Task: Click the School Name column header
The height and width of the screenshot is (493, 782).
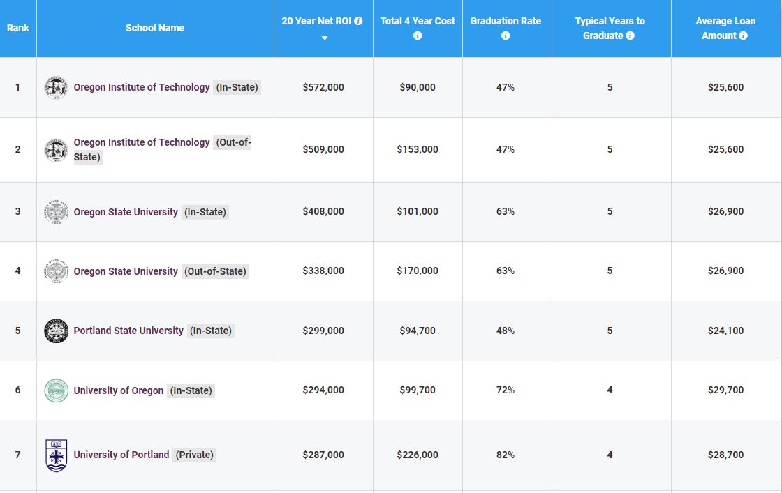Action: coord(155,28)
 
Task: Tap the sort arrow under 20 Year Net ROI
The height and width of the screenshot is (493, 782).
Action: coord(324,38)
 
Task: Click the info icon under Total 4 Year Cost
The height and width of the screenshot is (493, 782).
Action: coord(418,36)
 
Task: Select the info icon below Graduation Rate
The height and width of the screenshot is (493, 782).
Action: coord(506,36)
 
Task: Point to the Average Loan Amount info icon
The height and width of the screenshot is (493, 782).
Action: coord(743,36)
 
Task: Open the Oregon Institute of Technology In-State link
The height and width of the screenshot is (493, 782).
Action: coord(142,87)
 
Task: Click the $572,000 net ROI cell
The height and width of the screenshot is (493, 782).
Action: coord(323,87)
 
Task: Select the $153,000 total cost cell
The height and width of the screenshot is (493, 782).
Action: coord(418,149)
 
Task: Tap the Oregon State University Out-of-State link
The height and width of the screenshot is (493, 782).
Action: coord(126,271)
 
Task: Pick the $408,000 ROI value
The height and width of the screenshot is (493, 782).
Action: coord(323,211)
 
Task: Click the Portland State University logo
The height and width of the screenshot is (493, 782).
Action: coord(56,331)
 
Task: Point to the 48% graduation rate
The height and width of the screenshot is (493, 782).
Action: coord(506,331)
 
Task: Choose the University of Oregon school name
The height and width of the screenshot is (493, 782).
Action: coord(119,390)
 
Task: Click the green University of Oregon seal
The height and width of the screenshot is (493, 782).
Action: coord(56,390)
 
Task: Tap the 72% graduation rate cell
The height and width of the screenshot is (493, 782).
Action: coord(506,390)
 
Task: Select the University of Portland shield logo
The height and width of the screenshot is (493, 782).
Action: coord(56,455)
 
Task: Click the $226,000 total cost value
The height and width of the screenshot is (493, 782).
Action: coord(418,455)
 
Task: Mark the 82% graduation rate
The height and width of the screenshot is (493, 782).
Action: coord(506,455)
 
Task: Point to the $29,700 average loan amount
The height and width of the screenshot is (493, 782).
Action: coord(725,390)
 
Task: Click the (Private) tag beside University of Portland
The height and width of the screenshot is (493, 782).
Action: coord(195,455)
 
